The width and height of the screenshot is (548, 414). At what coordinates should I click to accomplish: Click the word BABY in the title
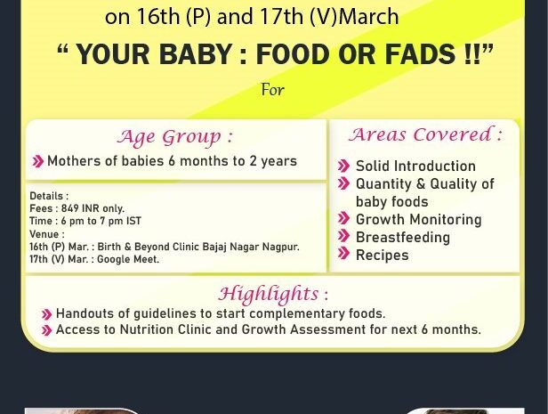196,54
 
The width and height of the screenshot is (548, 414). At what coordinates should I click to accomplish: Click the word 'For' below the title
273,90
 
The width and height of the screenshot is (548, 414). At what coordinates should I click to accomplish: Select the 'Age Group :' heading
174,137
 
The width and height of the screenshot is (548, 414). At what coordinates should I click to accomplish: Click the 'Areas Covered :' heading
425,134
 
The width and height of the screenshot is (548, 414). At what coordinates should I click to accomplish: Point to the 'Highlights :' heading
273,294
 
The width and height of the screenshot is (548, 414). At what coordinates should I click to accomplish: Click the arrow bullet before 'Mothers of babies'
37,161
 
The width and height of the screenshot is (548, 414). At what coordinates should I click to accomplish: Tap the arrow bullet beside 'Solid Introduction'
344,166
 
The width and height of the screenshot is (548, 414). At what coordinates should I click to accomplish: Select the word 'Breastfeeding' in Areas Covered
403,238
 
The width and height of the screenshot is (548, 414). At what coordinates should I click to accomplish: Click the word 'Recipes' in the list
383,256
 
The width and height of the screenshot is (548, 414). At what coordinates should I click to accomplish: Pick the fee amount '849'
70,208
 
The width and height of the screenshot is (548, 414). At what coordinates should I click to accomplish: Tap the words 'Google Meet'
128,259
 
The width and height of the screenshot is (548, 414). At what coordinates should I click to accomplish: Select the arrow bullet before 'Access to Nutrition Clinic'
46,330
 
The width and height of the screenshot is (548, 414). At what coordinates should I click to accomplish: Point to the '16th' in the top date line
157,16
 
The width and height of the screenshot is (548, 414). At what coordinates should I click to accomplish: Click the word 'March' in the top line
368,16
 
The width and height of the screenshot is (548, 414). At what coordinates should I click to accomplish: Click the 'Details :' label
49,196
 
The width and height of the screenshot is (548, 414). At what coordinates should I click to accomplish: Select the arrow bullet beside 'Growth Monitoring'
344,218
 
